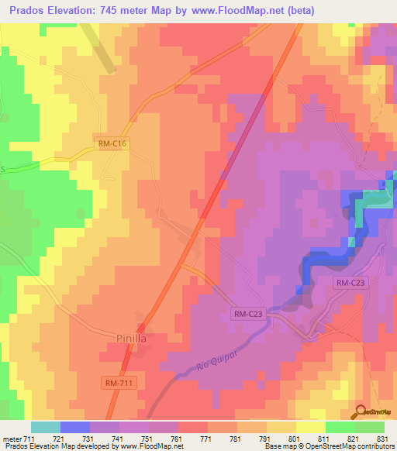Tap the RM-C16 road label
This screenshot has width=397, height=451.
coord(112,143)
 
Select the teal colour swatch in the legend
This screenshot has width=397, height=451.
coord(46,427)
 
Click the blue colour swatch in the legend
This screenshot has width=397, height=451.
coord(75,427)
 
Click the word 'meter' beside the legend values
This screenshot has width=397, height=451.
coord(12,439)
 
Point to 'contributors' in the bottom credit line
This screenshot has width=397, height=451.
coord(373,447)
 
